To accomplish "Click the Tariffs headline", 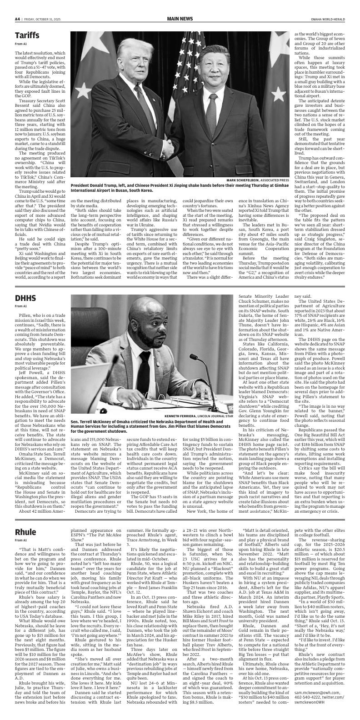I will click(27, 35).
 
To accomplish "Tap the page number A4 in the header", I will click(17, 19).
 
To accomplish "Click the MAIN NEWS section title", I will click(180, 19).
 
